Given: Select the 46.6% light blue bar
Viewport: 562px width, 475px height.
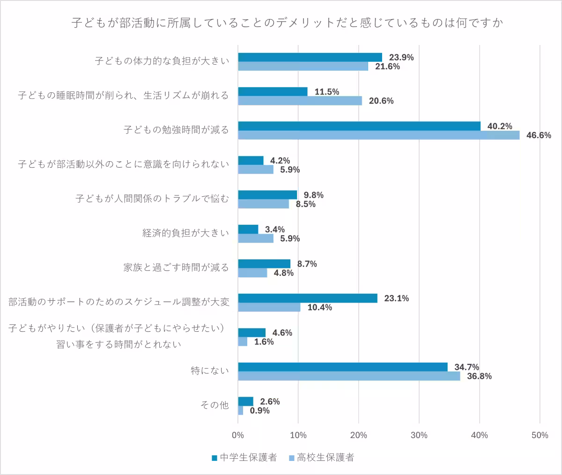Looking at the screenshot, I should click(378, 135).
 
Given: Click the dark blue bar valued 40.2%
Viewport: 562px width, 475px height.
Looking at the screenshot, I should click(359, 126).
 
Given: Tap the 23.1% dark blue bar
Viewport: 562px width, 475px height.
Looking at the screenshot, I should click(308, 298).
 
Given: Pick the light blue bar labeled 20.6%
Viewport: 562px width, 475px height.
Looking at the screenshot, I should click(300, 101).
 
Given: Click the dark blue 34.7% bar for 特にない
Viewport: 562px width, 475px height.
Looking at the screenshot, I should click(343, 367).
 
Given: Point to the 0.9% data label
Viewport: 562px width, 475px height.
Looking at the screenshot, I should click(259, 411).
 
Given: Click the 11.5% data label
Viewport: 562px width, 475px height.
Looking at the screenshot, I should click(327, 92).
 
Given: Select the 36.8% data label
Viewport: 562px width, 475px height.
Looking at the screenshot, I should click(480, 376).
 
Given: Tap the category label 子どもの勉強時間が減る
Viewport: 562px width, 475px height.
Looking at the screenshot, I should click(176, 130).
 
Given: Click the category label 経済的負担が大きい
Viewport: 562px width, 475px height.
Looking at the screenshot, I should click(185, 233).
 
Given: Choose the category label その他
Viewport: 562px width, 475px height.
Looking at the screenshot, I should click(214, 405).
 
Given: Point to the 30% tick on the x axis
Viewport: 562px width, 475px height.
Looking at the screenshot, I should click(419, 435).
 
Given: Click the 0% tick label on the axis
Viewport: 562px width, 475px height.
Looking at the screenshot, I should click(238, 435).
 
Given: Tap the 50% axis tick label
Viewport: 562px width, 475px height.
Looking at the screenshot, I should click(540, 435).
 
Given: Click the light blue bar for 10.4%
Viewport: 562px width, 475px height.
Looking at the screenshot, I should click(269, 307).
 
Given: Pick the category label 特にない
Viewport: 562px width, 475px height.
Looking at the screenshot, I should click(210, 371).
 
